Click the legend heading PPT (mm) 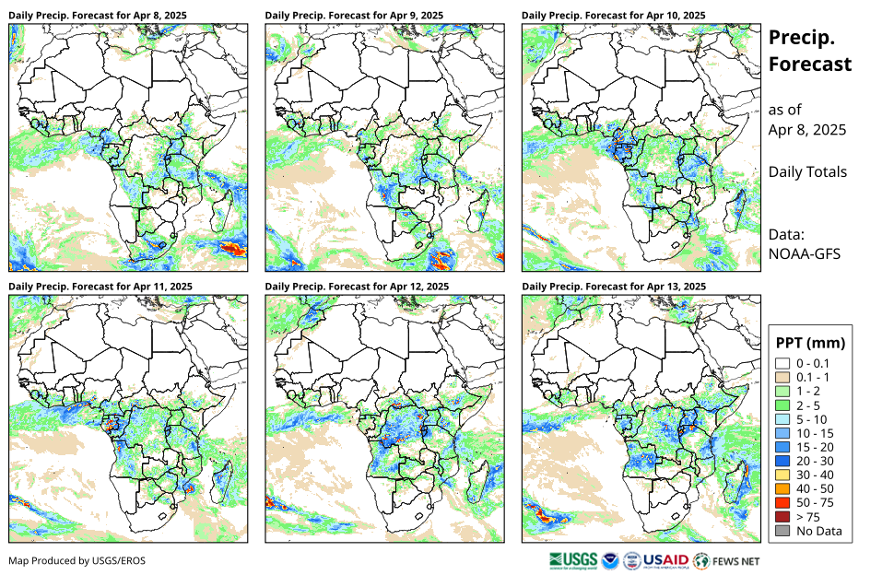(x=812, y=343)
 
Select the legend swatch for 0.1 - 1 (x=783, y=378)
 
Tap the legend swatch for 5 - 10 (x=783, y=419)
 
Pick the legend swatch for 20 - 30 (x=783, y=461)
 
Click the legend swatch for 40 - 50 (x=783, y=488)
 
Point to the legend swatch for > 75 (x=783, y=516)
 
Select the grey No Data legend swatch (x=783, y=530)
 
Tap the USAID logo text (x=665, y=559)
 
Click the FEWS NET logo (x=727, y=559)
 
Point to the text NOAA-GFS (x=802, y=253)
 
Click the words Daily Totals (x=807, y=171)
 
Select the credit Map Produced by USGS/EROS (x=77, y=560)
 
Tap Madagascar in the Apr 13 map (x=738, y=482)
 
